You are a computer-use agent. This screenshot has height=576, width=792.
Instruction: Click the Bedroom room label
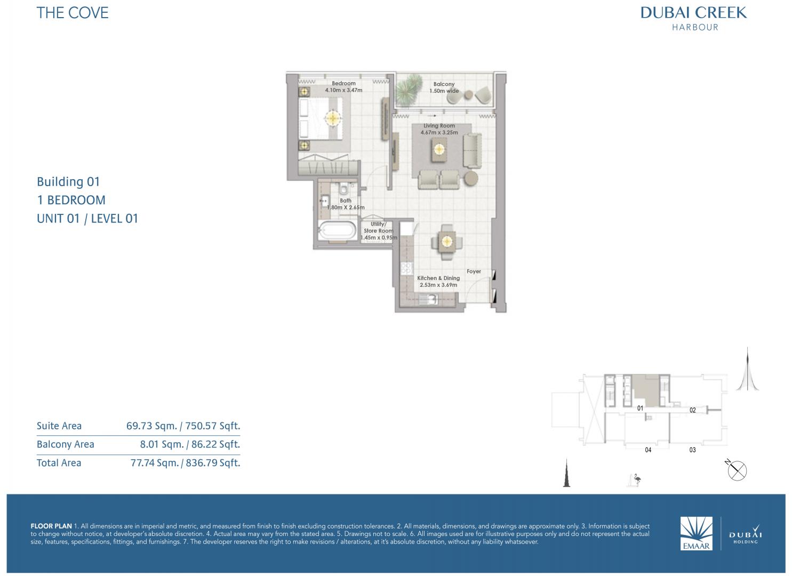[343, 83]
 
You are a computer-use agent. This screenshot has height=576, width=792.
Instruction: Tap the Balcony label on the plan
[444, 84]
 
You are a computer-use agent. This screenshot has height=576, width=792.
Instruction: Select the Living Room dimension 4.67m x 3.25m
[439, 133]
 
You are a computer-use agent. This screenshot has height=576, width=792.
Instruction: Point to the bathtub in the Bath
[337, 230]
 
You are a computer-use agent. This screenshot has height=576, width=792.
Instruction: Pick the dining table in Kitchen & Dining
[447, 242]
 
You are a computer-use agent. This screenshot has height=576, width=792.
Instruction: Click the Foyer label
[474, 271]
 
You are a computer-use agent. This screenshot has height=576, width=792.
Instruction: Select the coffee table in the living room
[439, 149]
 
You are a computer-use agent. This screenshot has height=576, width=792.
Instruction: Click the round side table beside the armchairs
[470, 178]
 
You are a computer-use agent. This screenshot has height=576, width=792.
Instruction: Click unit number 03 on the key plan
[692, 450]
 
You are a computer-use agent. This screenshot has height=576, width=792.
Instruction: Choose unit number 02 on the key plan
[692, 410]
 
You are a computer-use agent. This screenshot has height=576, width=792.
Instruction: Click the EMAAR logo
[696, 533]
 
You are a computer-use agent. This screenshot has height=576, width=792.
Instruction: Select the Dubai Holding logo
[745, 534]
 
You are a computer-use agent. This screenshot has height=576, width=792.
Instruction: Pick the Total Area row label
[59, 463]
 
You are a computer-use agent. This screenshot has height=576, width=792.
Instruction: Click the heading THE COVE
[73, 13]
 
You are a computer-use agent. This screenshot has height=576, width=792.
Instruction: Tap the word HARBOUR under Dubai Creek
[695, 27]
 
